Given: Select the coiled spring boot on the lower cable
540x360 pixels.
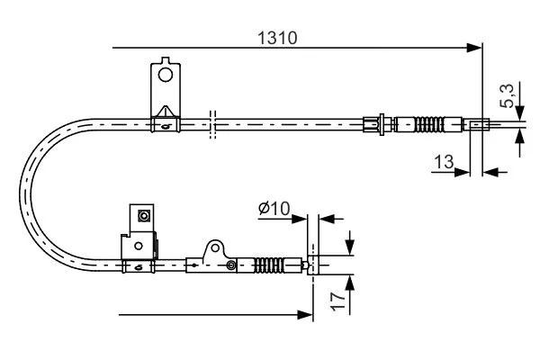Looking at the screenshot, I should coord(270,265).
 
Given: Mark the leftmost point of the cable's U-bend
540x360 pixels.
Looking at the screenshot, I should coord(21,193).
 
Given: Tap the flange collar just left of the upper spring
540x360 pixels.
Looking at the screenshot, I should coord(384,123).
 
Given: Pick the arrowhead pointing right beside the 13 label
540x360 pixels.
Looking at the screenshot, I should coord(463,169).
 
